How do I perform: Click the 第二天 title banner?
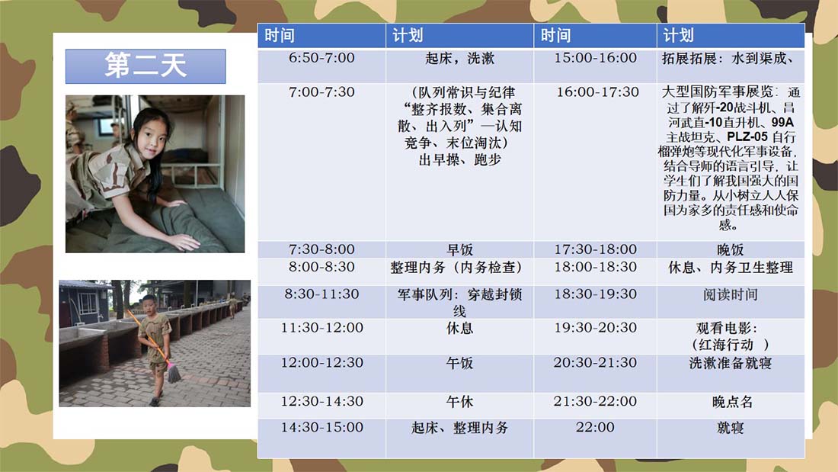pyautogui.click(x=146, y=66)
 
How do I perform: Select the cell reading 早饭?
pyautogui.click(x=459, y=249)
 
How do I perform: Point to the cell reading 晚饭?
pyautogui.click(x=731, y=249)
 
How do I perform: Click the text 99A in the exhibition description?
pyautogui.click(x=782, y=122)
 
